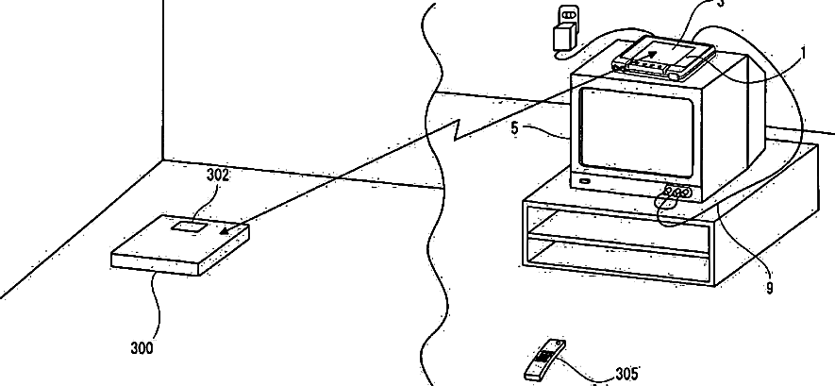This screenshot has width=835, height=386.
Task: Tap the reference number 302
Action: tap(217, 176)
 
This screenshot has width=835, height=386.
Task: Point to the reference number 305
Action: tap(626, 375)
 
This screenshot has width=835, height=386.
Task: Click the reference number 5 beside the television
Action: tap(515, 128)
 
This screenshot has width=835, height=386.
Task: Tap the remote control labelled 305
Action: tap(544, 359)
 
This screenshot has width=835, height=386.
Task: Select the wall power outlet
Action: tap(568, 16)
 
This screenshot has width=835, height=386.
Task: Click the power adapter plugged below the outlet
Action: tap(564, 41)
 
